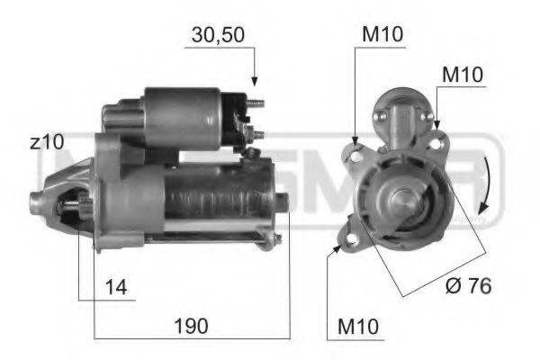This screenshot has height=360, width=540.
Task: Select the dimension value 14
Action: [x=116, y=287]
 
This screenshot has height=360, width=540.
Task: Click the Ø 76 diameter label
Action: [x=468, y=286]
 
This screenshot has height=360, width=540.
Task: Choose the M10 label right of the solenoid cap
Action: [x=462, y=73]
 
